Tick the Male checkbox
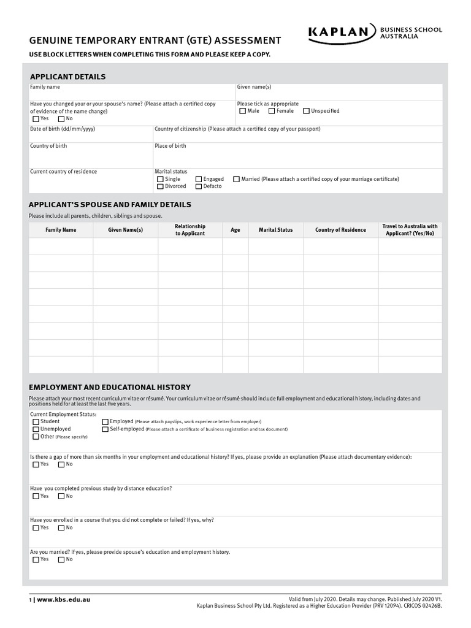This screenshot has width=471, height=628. (x=243, y=112)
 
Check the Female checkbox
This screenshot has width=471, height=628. (x=272, y=112)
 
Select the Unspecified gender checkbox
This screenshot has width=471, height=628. (x=306, y=112)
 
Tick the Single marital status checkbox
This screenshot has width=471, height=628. (x=161, y=180)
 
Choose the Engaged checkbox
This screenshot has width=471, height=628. (x=199, y=180)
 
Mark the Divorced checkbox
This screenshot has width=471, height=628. (x=161, y=186)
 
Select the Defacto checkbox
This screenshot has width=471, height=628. (x=199, y=186)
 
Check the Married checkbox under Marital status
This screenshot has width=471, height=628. (x=237, y=180)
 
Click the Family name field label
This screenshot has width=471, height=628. (x=45, y=88)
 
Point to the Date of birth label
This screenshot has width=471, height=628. (x=63, y=129)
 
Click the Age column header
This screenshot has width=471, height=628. (x=235, y=230)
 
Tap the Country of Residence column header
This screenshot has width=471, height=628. (x=340, y=230)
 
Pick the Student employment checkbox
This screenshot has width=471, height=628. (x=36, y=422)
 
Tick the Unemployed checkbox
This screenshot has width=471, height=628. (x=36, y=429)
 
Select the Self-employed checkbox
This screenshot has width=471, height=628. (x=105, y=429)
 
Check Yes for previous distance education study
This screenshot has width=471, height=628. (x=36, y=496)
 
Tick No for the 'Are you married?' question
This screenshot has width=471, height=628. (x=61, y=560)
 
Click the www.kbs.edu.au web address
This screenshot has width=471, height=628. (x=63, y=599)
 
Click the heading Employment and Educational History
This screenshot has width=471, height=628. (x=110, y=388)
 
